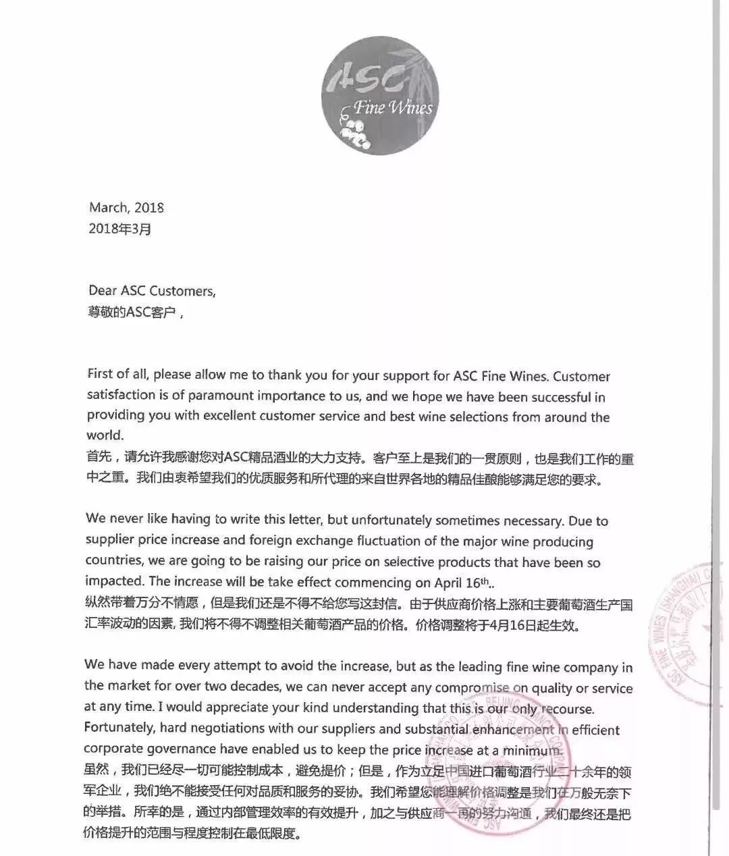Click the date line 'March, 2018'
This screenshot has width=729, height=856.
[x=126, y=208]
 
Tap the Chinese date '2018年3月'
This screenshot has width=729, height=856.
[x=120, y=229]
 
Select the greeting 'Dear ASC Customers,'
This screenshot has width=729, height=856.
[x=153, y=291]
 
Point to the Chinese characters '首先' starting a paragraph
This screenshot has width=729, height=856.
[x=99, y=460]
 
